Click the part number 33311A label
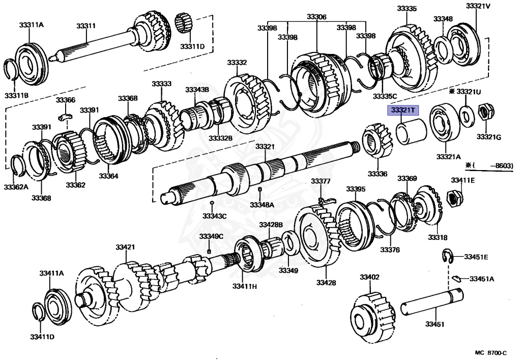(x=31, y=24)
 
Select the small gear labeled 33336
(x=378, y=144)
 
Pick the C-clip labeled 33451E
(x=446, y=256)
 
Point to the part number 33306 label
(x=316, y=17)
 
